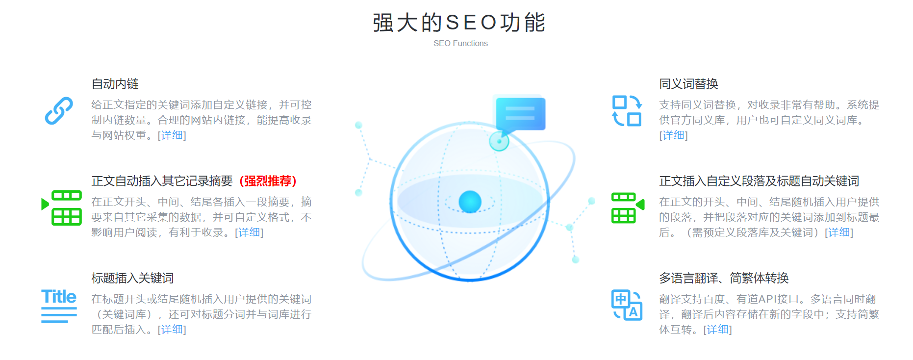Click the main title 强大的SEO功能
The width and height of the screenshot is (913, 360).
459,23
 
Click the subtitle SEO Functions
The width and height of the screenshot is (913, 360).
460,43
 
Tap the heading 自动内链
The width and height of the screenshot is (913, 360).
115,84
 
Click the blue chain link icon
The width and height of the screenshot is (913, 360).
59,110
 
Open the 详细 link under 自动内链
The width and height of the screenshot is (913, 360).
172,135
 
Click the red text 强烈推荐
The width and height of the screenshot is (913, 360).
268,181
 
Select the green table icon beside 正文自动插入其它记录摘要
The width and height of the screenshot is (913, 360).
62,207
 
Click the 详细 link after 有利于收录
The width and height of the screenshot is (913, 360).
249,232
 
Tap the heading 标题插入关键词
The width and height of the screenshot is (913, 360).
132,278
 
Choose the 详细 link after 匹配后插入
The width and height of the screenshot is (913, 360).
172,329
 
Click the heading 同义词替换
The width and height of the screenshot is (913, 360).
688,84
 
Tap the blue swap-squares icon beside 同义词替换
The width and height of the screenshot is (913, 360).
627,111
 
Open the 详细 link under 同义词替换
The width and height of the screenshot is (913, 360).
674,135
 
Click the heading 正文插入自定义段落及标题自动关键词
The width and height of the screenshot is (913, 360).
759,181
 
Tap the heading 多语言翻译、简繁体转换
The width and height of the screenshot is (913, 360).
724,278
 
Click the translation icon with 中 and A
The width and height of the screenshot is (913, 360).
627,305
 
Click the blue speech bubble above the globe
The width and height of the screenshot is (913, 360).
520,114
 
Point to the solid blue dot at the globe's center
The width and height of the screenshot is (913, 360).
470,202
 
